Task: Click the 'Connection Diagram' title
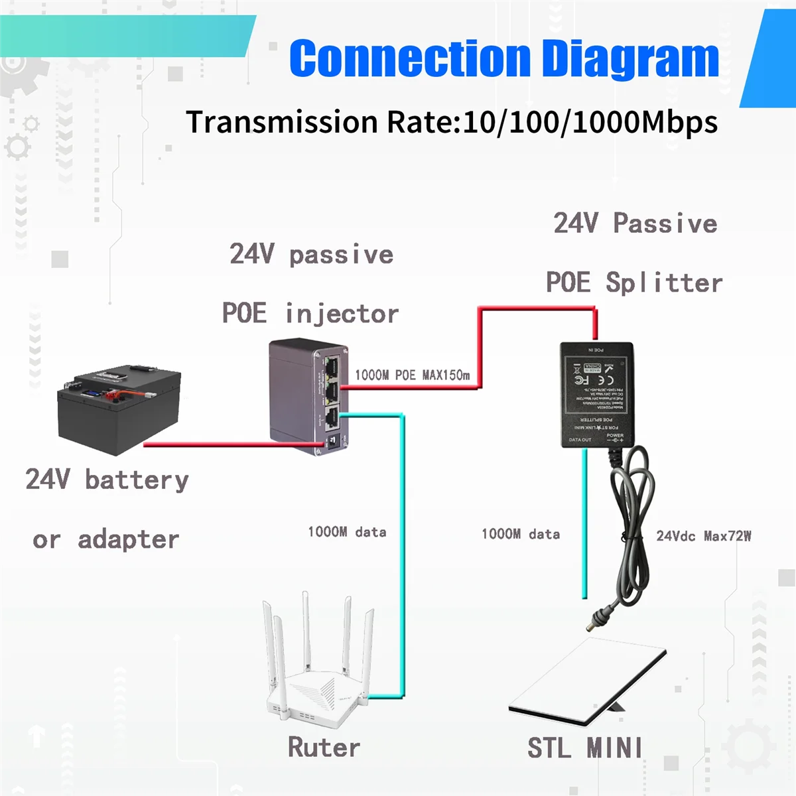coord(504,58)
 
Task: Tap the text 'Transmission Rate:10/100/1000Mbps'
coord(451,122)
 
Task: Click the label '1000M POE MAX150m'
coord(412,375)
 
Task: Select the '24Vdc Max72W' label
coord(704,536)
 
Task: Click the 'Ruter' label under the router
coord(324,748)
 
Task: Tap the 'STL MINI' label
coord(584,748)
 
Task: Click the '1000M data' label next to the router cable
coord(347,532)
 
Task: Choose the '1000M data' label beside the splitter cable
coord(521,534)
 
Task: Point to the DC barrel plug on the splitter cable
coord(597,620)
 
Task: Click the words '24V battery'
coord(107,480)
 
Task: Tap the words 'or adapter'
coord(106,539)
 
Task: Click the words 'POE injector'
coord(310,313)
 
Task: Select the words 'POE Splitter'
coord(634,283)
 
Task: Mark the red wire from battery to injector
coord(226,444)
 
